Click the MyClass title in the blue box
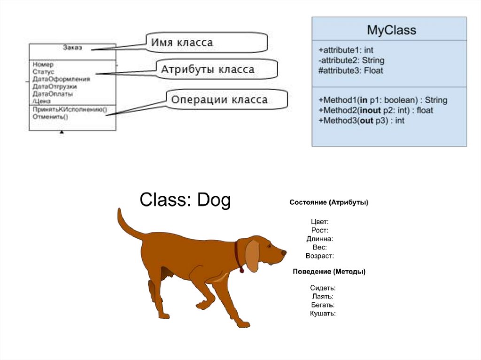pos(391,31)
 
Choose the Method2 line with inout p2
pos(375,110)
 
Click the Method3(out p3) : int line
pos(361,121)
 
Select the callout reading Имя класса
pos(182,43)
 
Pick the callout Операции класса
pos(219,100)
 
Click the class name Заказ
pos(72,47)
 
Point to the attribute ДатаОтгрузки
pos(54,86)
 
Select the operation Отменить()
pos(50,117)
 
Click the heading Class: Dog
pos(185,200)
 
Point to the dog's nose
pos(283,252)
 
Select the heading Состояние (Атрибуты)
pos(328,203)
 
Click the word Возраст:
pos(319,256)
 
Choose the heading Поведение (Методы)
pos(329,271)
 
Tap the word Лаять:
pos(323,296)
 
